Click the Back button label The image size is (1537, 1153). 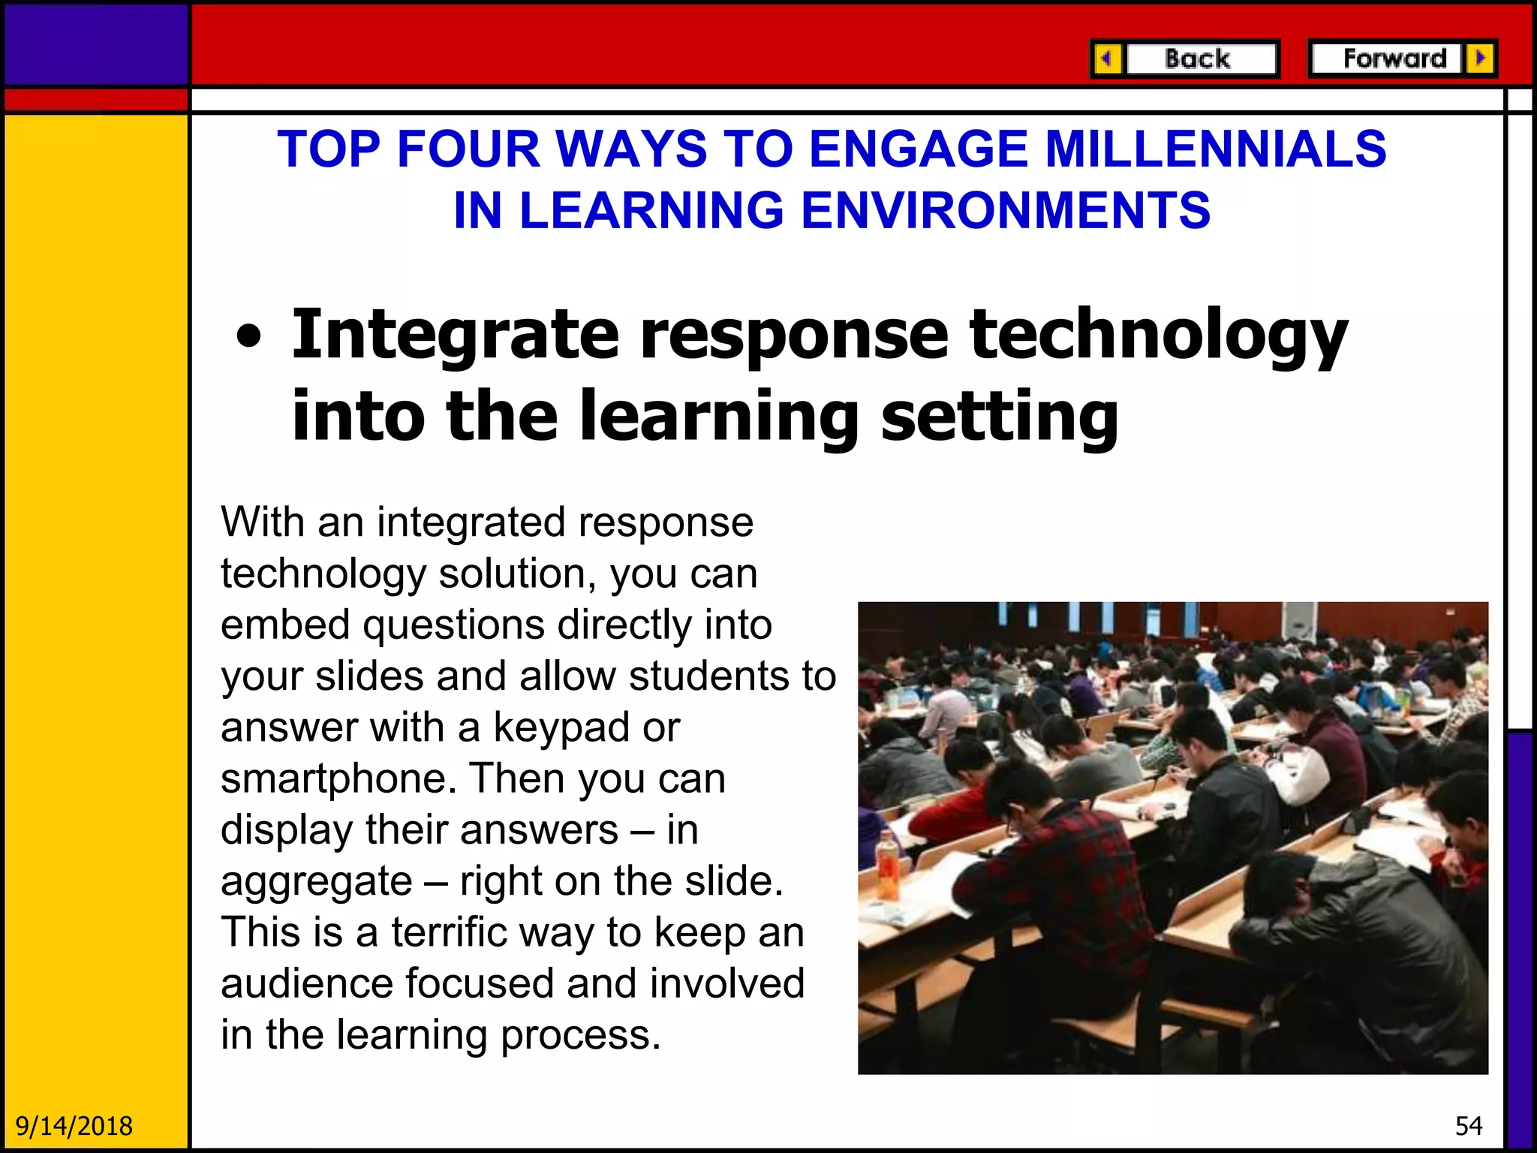tap(1198, 59)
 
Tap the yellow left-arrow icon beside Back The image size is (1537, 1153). tap(1106, 59)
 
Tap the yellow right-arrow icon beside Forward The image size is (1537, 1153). tap(1481, 58)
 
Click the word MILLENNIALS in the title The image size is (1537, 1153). tap(1216, 149)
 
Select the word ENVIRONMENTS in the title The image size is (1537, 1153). tap(1006, 210)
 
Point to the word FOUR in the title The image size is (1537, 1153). tap(468, 149)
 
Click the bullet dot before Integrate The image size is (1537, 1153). tap(249, 337)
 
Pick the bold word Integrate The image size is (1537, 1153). tap(455, 335)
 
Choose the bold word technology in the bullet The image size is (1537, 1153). tap(1158, 336)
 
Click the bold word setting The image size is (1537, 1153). tap(999, 417)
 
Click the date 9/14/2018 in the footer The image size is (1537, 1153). tap(74, 1126)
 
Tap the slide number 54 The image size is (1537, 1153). tap(1469, 1126)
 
